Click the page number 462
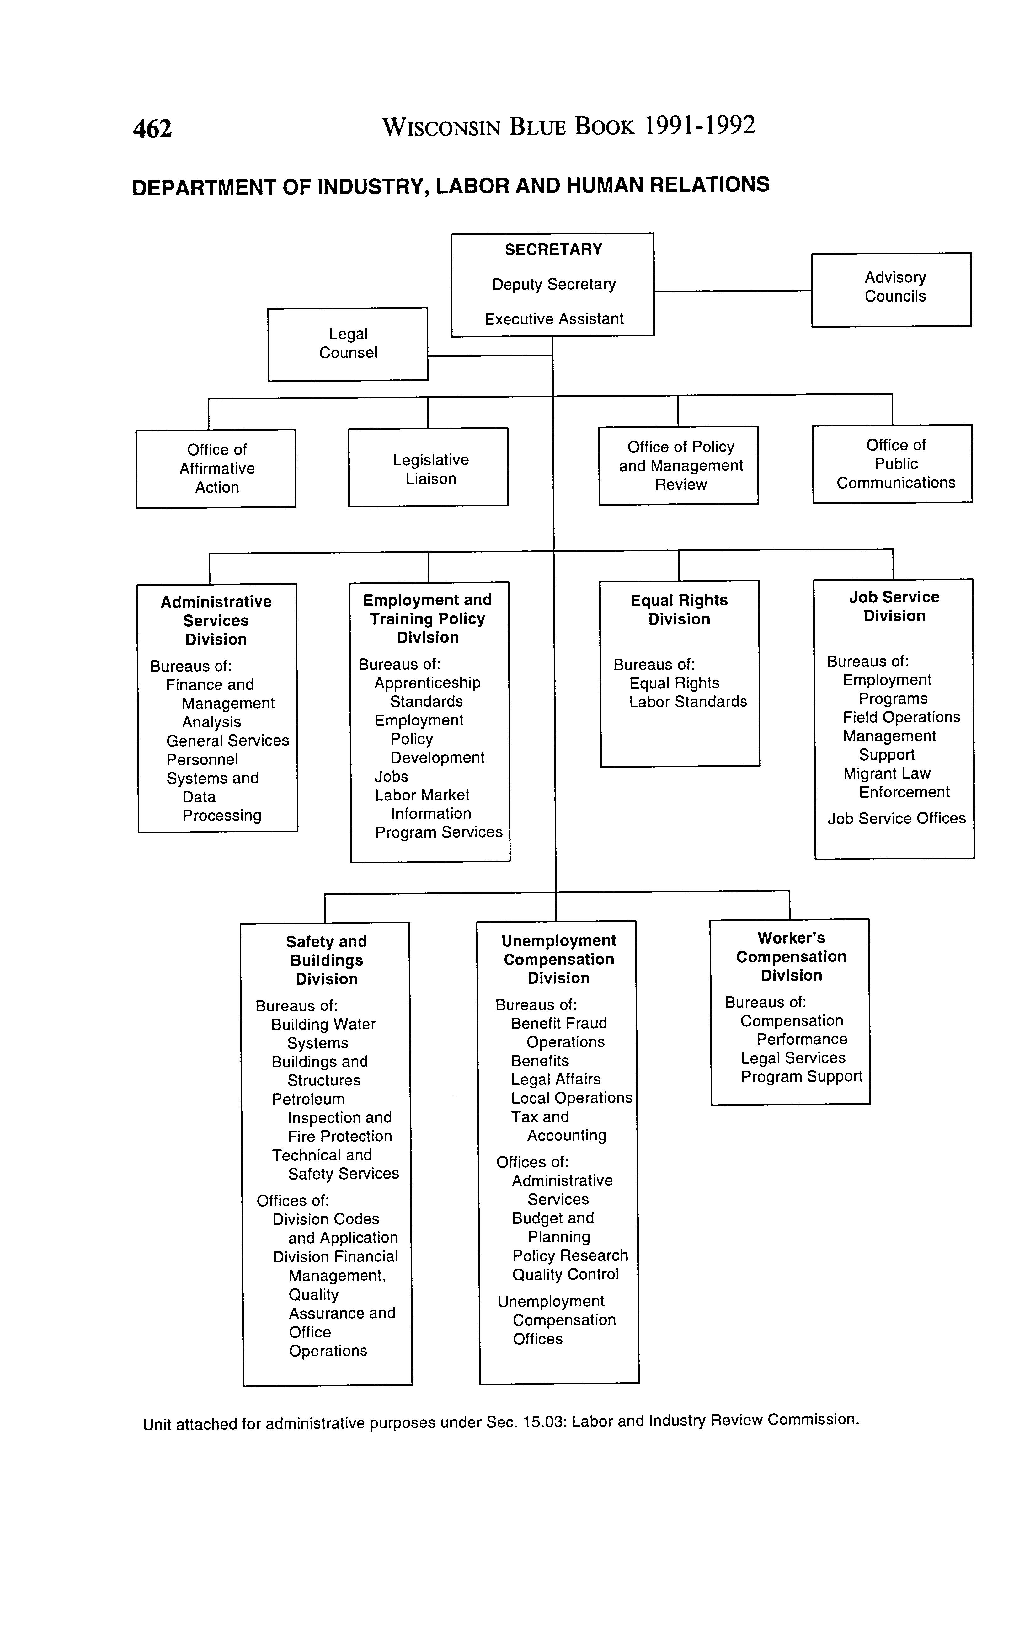point(152,128)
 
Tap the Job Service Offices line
point(896,818)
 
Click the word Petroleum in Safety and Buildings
point(308,1100)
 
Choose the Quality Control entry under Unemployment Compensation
point(565,1275)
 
